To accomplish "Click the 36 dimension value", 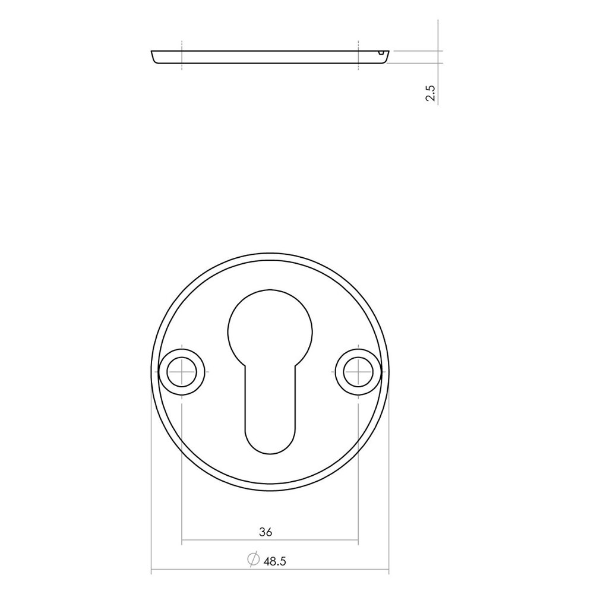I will (266, 533).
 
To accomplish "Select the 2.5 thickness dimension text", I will (431, 94).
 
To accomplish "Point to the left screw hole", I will (182, 372).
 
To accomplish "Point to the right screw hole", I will (358, 372).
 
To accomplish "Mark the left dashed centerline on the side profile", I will (182, 56).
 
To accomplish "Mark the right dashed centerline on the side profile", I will (358, 56).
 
